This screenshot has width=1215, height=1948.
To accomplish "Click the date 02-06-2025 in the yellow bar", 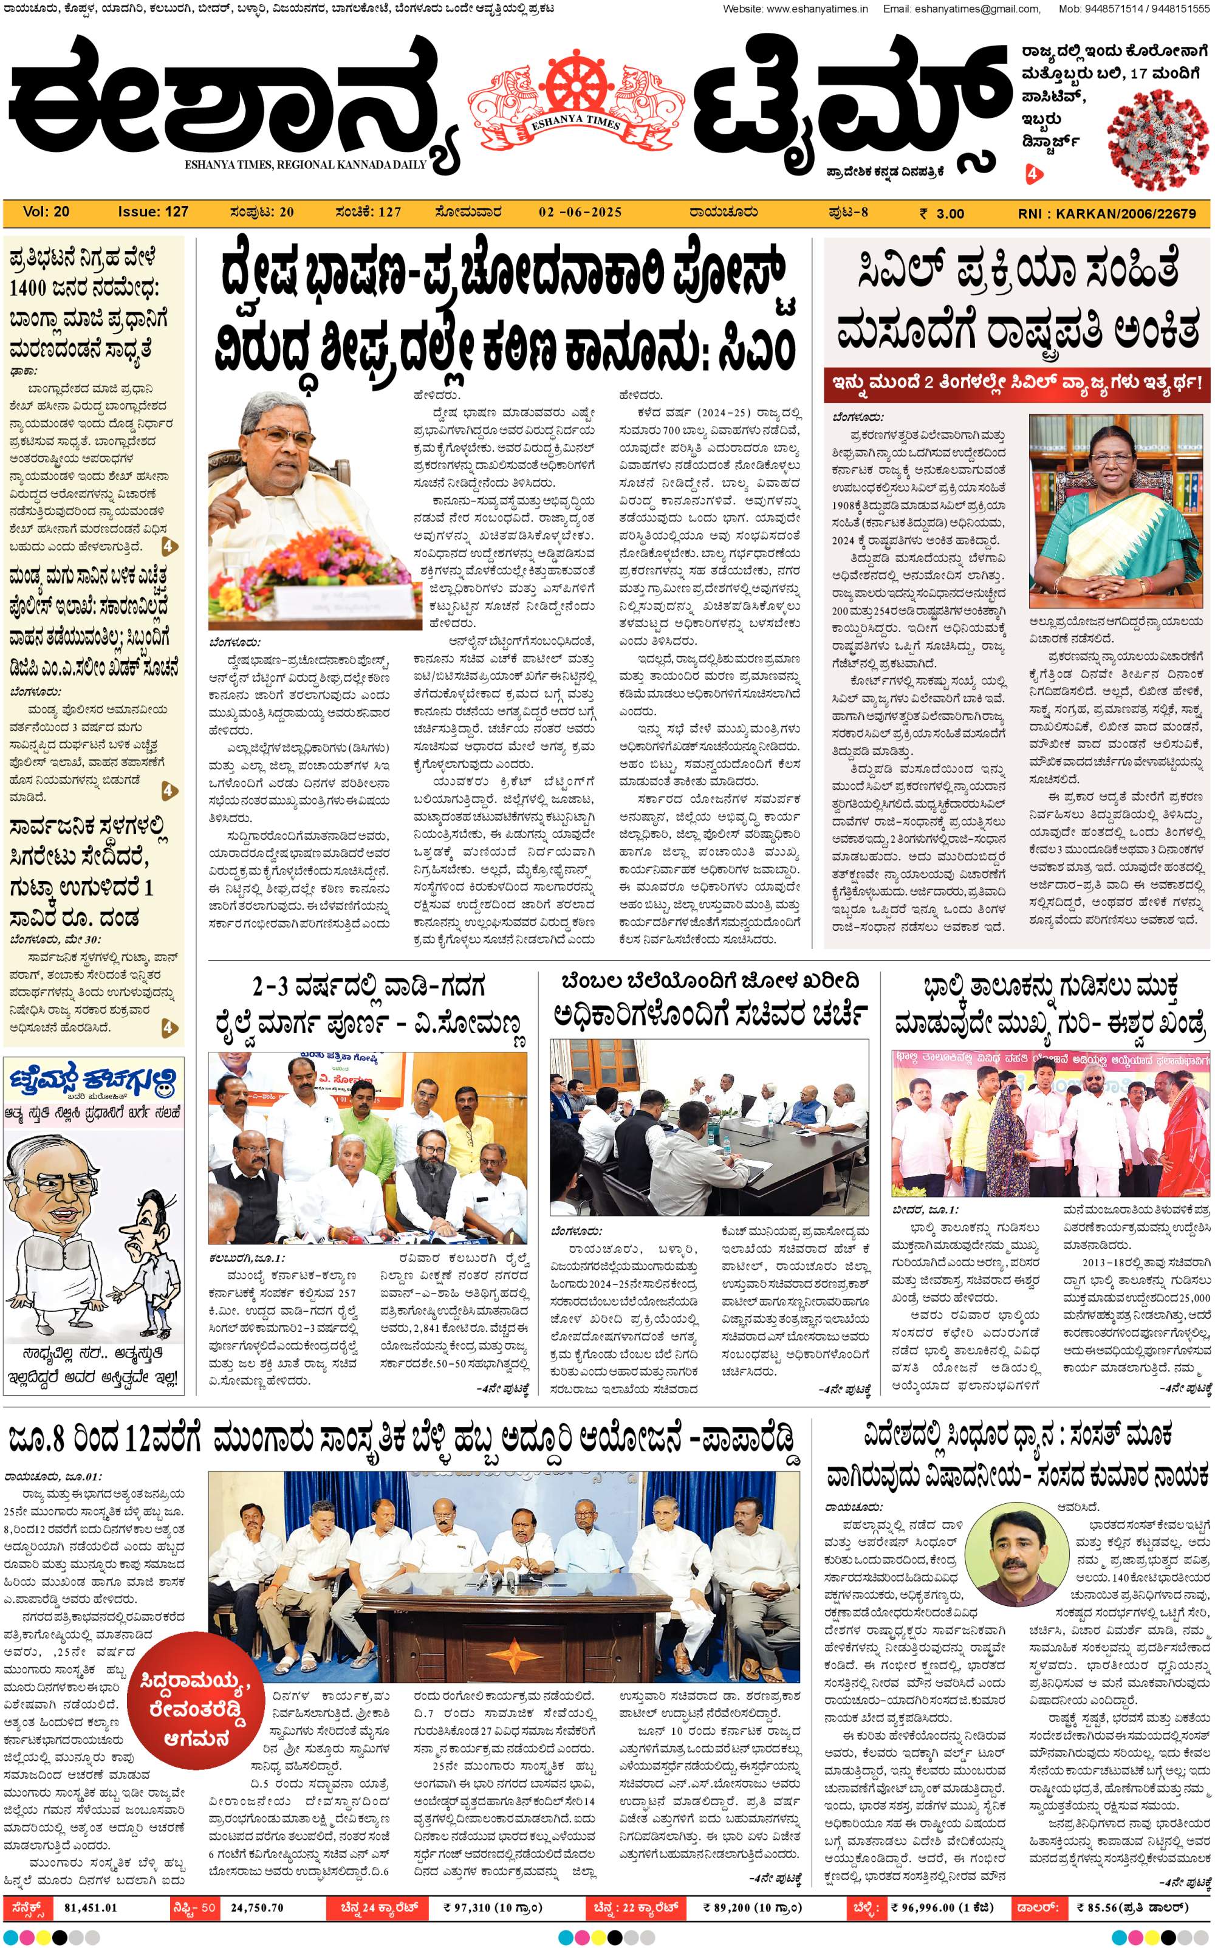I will coord(580,212).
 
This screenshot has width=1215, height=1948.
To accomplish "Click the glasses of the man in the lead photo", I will coord(288,439).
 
